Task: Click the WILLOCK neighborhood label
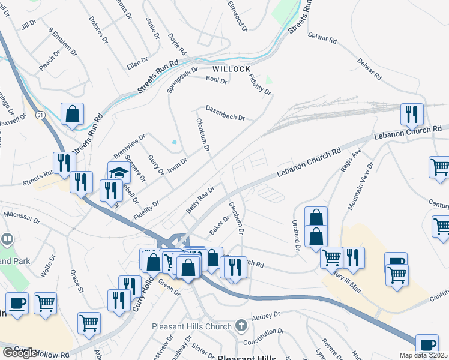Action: [231, 69]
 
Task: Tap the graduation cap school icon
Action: [119, 173]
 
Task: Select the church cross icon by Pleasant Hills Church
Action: [241, 326]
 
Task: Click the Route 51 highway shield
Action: [40, 115]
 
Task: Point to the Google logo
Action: [20, 353]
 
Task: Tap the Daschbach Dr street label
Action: [225, 113]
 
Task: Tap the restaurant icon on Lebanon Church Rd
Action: [412, 114]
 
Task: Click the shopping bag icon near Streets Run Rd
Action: [72, 114]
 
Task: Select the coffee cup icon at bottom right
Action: [427, 345]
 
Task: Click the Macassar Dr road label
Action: [21, 214]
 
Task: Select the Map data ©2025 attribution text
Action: [424, 355]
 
